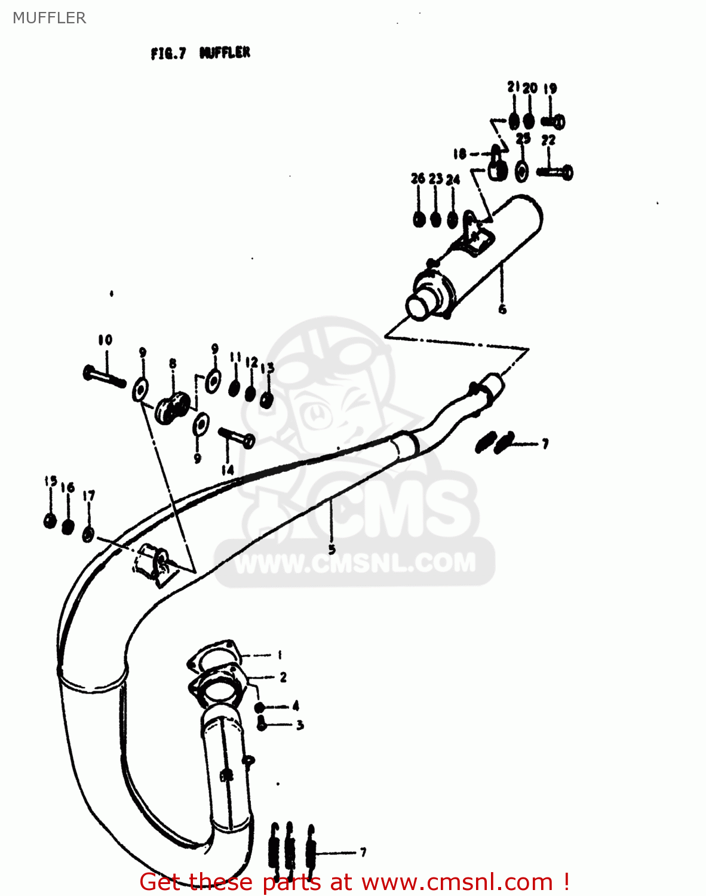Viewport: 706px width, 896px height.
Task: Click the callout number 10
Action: (x=105, y=340)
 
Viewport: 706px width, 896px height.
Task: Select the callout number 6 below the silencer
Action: (x=502, y=309)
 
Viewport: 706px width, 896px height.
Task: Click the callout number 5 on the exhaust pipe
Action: (x=332, y=549)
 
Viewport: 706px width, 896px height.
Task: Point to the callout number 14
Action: (x=228, y=471)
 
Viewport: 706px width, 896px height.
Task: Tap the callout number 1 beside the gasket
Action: (x=280, y=655)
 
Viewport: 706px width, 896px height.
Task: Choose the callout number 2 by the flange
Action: (x=283, y=677)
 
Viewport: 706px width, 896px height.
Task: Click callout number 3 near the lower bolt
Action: (x=300, y=725)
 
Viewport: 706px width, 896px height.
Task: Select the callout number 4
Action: (x=296, y=706)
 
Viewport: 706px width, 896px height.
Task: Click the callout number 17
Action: (x=89, y=496)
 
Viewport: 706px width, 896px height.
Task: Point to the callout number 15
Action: (x=51, y=481)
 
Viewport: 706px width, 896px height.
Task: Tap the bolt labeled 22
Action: (x=555, y=173)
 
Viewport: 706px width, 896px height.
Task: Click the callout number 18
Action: (x=459, y=154)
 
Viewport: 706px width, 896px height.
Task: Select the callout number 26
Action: (x=418, y=178)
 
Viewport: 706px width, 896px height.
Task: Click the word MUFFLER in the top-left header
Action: (x=50, y=18)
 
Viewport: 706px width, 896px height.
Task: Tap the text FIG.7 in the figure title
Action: (x=168, y=54)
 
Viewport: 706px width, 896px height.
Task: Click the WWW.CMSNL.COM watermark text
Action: (x=355, y=563)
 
